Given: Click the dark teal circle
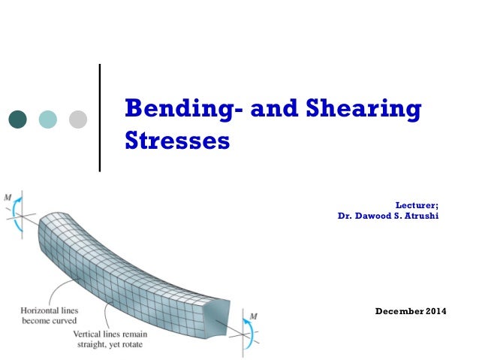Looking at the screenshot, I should point(17,119).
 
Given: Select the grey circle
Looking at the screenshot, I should point(78,119).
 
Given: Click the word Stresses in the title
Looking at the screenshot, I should point(176,141).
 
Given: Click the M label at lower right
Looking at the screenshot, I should point(254,316).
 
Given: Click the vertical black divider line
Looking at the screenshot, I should point(101,119).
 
